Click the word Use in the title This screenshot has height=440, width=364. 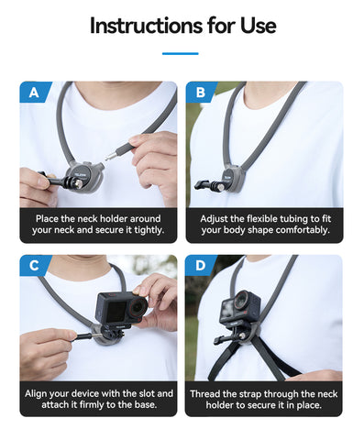point(253,25)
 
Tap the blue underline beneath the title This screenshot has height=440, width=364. point(181,53)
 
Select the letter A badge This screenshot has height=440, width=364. point(34,92)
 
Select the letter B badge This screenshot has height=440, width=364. point(201,92)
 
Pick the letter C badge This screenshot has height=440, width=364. point(34,265)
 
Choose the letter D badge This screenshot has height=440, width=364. point(201,265)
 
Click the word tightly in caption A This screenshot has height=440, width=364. point(144,230)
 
